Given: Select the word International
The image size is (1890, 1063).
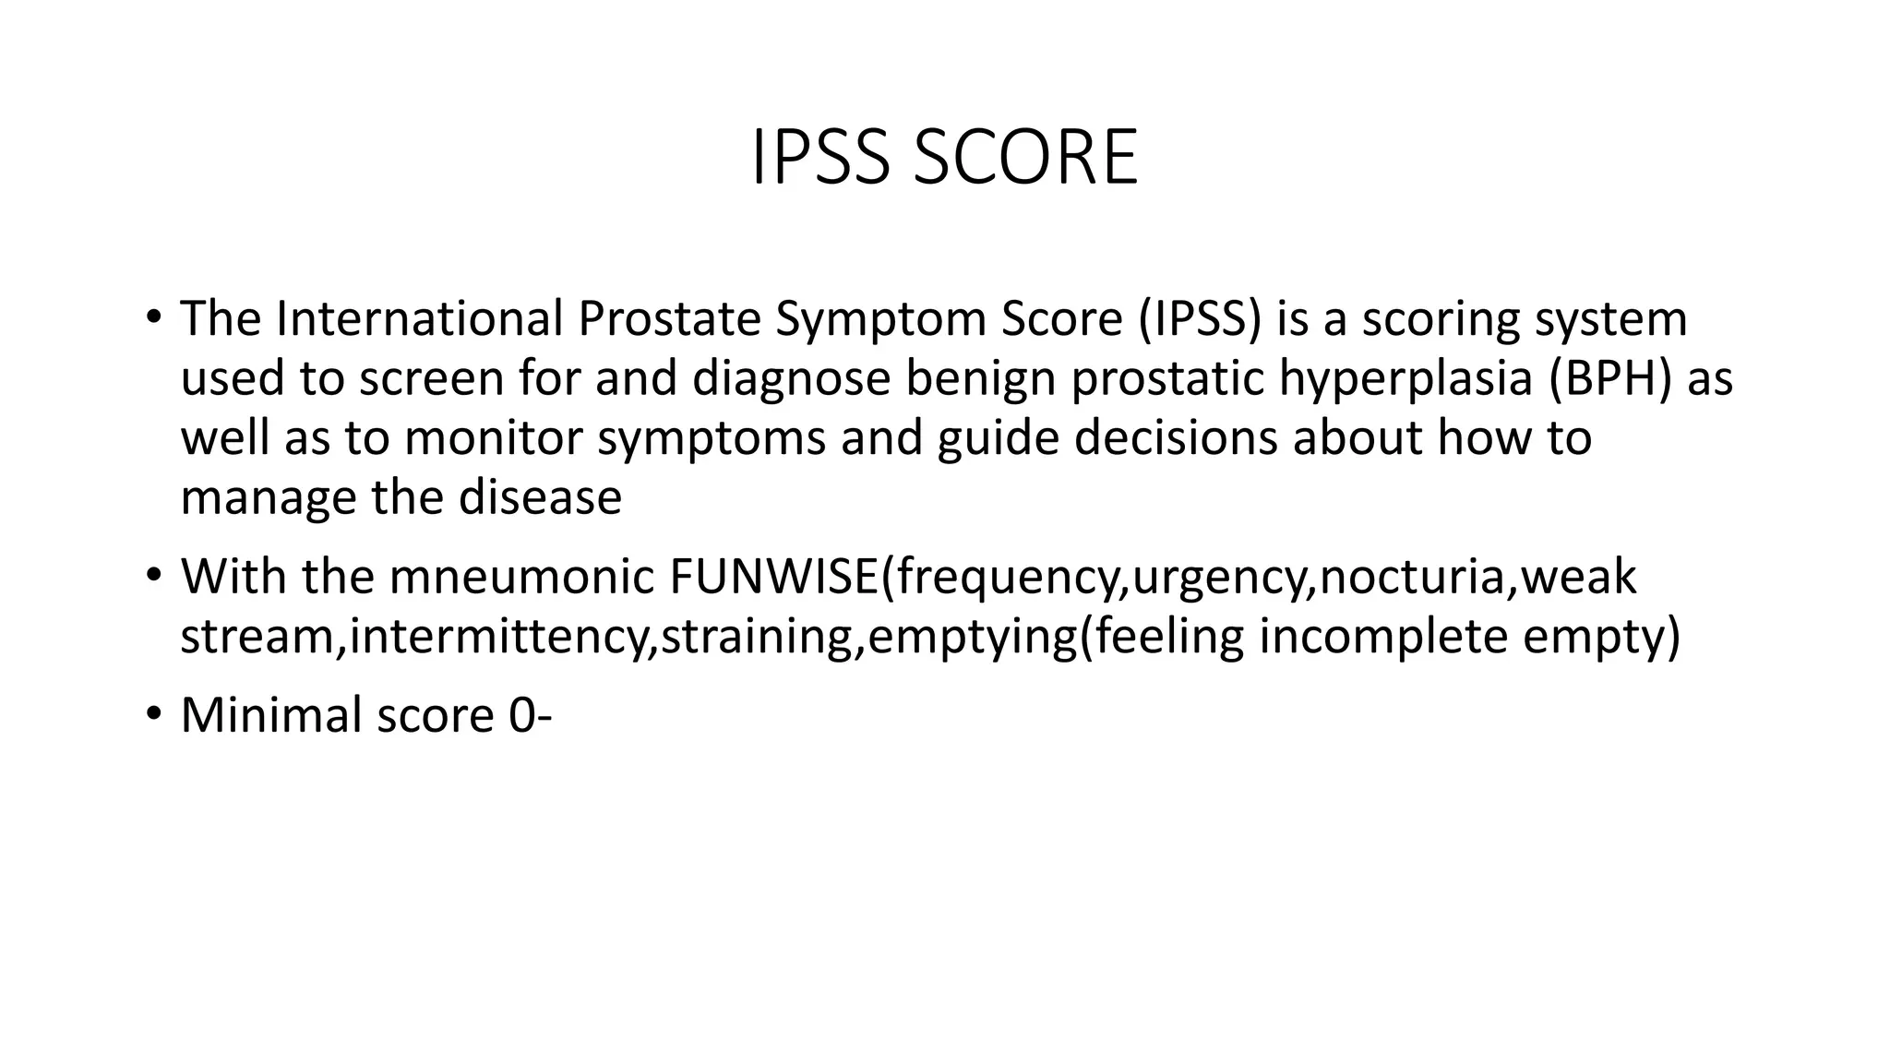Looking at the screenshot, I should click(x=419, y=318).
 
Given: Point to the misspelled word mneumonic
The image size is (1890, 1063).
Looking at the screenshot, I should click(x=521, y=577).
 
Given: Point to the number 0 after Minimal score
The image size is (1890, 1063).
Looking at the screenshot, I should click(x=521, y=715).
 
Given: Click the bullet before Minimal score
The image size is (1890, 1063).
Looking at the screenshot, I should click(x=153, y=713).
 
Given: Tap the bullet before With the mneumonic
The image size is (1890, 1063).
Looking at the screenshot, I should click(x=153, y=575).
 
